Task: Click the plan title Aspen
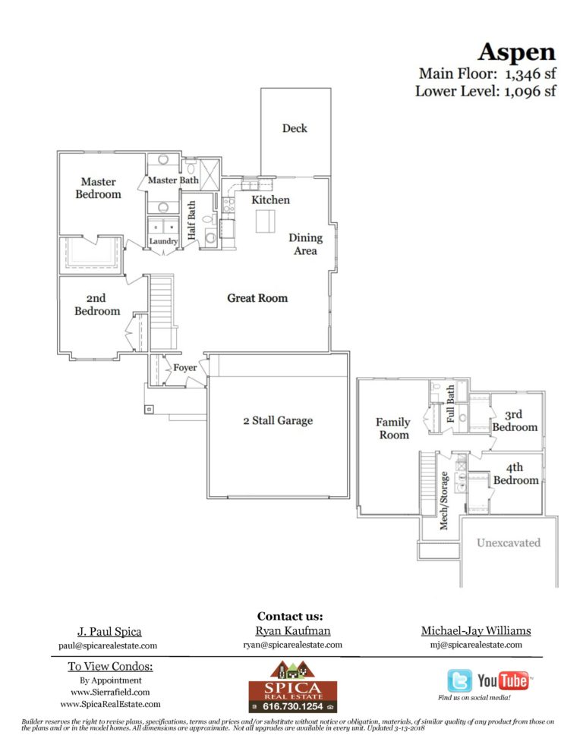pyautogui.click(x=516, y=52)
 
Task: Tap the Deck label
pyautogui.click(x=295, y=128)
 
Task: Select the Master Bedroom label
pyautogui.click(x=98, y=187)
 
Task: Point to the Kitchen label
pyautogui.click(x=270, y=199)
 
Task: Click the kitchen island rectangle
pyautogui.click(x=265, y=221)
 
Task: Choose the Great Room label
pyautogui.click(x=257, y=298)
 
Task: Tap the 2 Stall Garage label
pyautogui.click(x=277, y=420)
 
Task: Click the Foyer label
pyautogui.click(x=185, y=368)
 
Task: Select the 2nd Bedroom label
pyautogui.click(x=96, y=305)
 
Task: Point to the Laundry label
pyautogui.click(x=163, y=242)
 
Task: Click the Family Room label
pyautogui.click(x=392, y=428)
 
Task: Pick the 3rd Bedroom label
pyautogui.click(x=515, y=421)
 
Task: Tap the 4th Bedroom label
pyautogui.click(x=515, y=474)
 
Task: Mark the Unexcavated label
pyautogui.click(x=508, y=542)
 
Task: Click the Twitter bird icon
pyautogui.click(x=459, y=680)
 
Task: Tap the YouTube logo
pyautogui.click(x=503, y=680)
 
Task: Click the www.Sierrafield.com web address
pyautogui.click(x=110, y=692)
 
